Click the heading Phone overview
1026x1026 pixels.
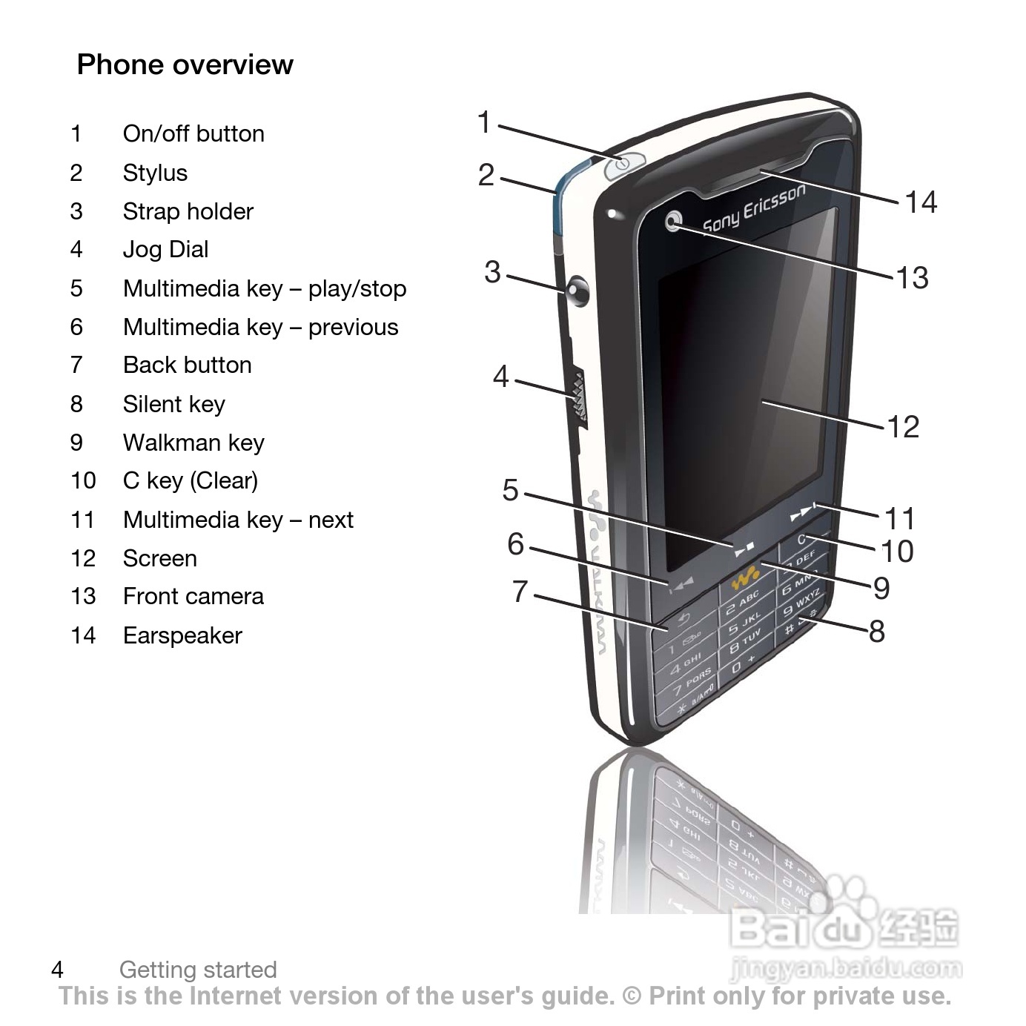click(x=185, y=64)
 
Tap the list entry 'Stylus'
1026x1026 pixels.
click(x=155, y=173)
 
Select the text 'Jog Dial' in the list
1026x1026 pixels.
click(x=165, y=249)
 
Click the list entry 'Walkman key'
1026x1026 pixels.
click(x=193, y=443)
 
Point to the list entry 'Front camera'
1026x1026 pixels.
click(x=193, y=596)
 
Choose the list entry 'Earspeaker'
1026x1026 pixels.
click(x=182, y=635)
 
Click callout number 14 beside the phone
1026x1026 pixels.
click(x=921, y=202)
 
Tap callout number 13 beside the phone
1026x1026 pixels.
click(x=912, y=277)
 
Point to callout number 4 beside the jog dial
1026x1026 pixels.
click(x=501, y=377)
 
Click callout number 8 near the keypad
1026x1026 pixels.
click(x=876, y=632)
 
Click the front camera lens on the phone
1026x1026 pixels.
click(x=674, y=221)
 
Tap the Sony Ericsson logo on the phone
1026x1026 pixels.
click(x=753, y=208)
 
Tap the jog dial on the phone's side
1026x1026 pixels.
click(x=579, y=399)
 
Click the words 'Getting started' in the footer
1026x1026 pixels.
click(x=198, y=969)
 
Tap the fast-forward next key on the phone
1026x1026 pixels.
click(x=803, y=513)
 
